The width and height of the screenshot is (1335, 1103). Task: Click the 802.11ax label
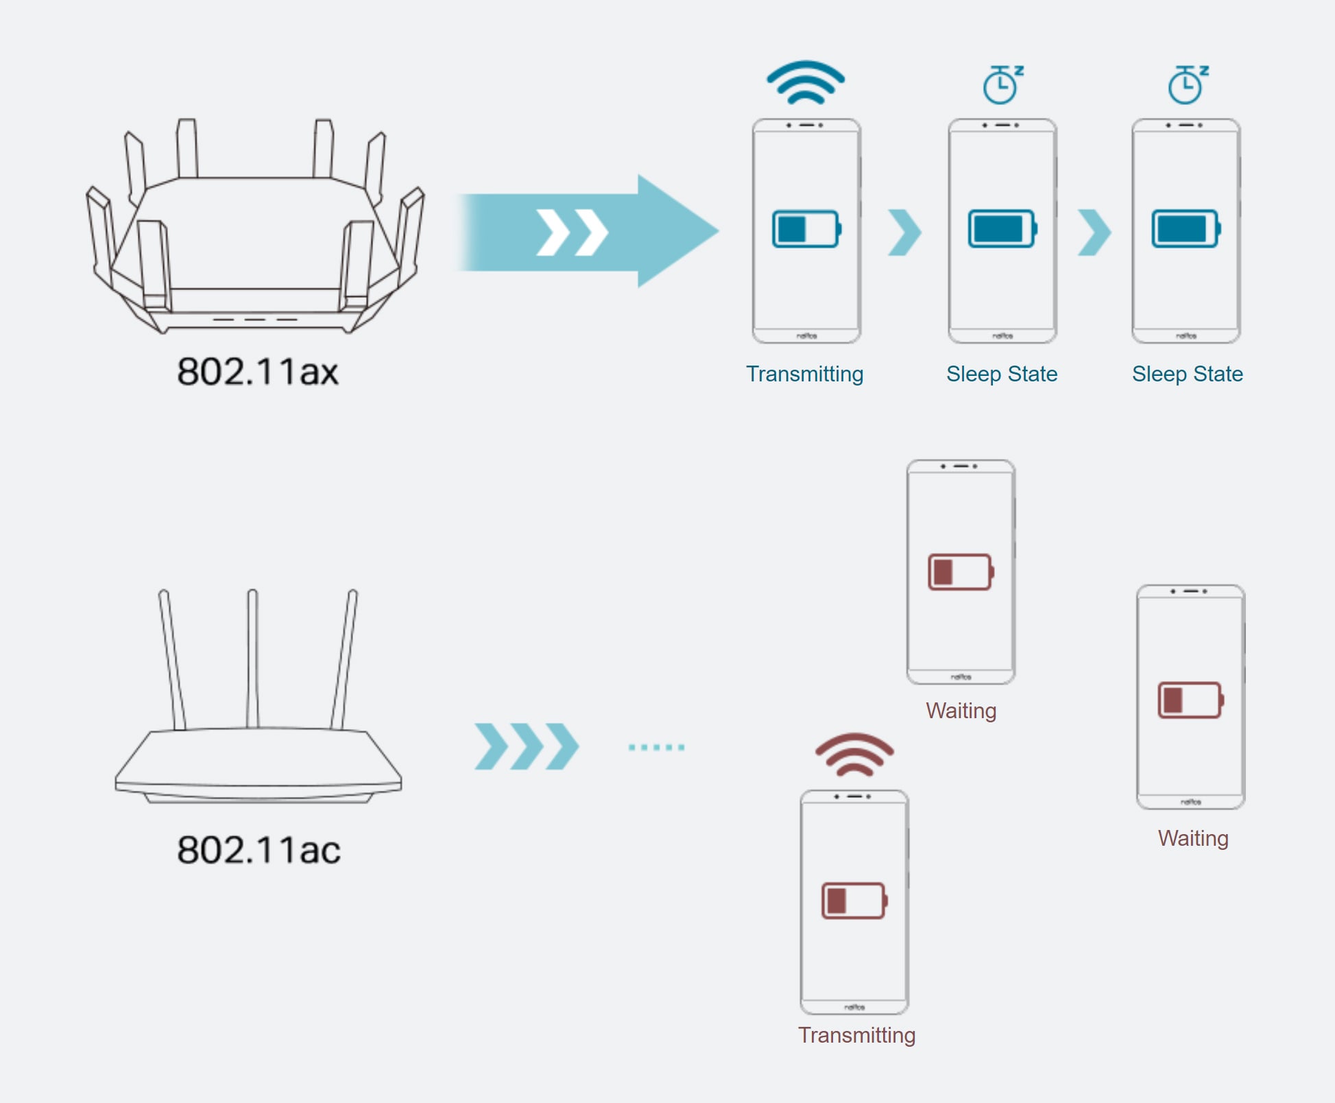[x=258, y=372]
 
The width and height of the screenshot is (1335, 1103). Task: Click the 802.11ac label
[x=258, y=850]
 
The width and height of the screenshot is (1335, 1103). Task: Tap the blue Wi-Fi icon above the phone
[x=806, y=83]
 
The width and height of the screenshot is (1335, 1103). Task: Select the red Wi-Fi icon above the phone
[x=854, y=755]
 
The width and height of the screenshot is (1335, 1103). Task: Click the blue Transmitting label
[x=804, y=374]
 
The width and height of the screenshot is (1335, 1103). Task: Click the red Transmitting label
[x=856, y=1035]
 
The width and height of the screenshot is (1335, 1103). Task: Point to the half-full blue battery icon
[x=806, y=229]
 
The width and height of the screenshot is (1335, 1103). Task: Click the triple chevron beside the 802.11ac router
[x=527, y=746]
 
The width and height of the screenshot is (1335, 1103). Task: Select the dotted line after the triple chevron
[x=656, y=747]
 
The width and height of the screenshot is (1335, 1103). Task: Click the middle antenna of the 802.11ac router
[x=252, y=659]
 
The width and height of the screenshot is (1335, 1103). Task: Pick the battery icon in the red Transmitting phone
[x=854, y=901]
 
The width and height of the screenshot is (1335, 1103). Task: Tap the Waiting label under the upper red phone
[x=961, y=711]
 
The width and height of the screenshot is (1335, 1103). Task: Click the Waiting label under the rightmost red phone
[x=1193, y=838]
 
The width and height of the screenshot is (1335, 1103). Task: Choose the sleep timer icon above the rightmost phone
[x=1188, y=84]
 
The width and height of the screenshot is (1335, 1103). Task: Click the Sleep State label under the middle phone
[x=1002, y=374]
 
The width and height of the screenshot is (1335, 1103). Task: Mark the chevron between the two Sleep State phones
[x=1094, y=233]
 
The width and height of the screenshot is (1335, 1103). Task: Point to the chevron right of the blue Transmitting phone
[x=904, y=233]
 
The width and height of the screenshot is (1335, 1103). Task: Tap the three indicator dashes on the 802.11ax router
[x=255, y=319]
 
